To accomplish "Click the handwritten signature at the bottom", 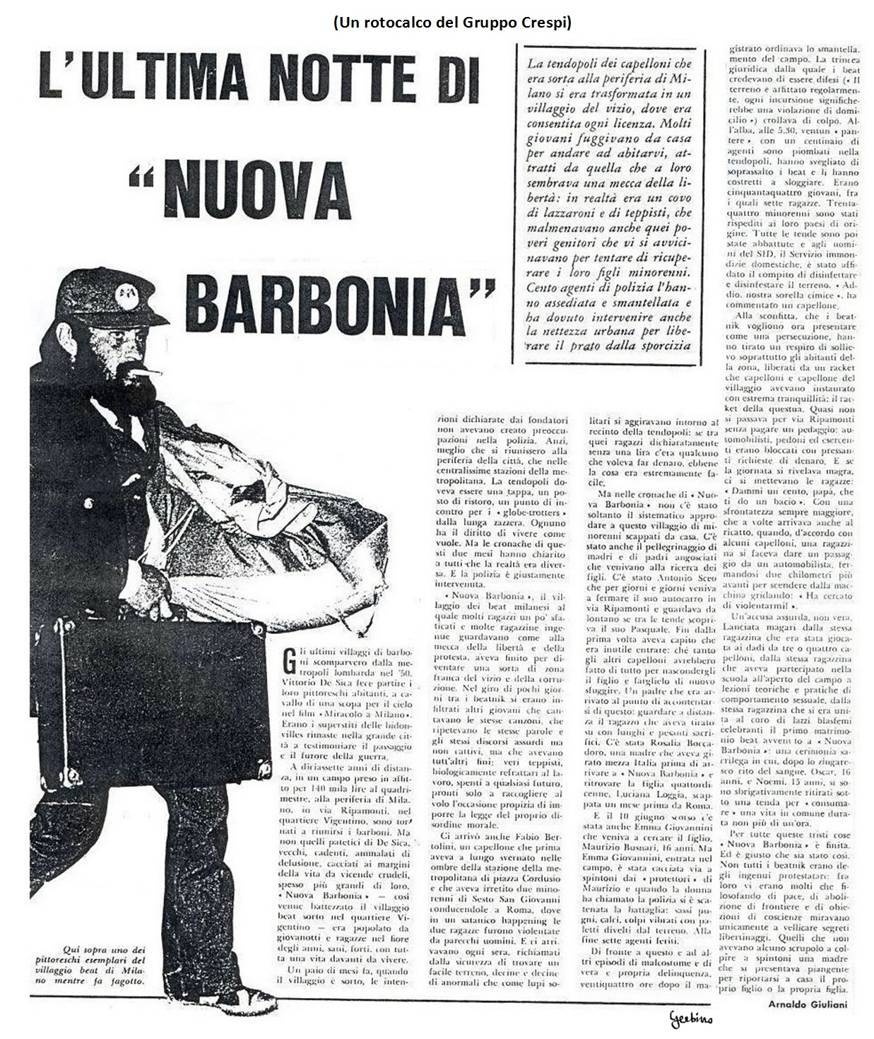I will click(690, 1018).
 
